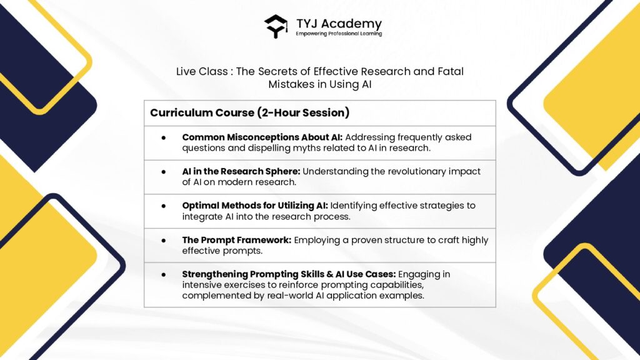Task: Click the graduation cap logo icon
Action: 276,26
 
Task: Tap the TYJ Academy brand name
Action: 339,24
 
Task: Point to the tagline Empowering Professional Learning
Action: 339,34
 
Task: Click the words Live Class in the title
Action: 202,71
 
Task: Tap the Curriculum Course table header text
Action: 202,112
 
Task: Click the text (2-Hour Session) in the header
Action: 303,112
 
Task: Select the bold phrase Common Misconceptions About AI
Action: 262,137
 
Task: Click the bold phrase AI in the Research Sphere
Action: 241,171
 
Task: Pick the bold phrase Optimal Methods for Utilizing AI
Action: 255,205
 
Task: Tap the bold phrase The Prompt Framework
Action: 237,240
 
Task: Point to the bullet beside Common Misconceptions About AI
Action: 164,137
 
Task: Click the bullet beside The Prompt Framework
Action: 164,241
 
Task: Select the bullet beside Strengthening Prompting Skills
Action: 164,274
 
